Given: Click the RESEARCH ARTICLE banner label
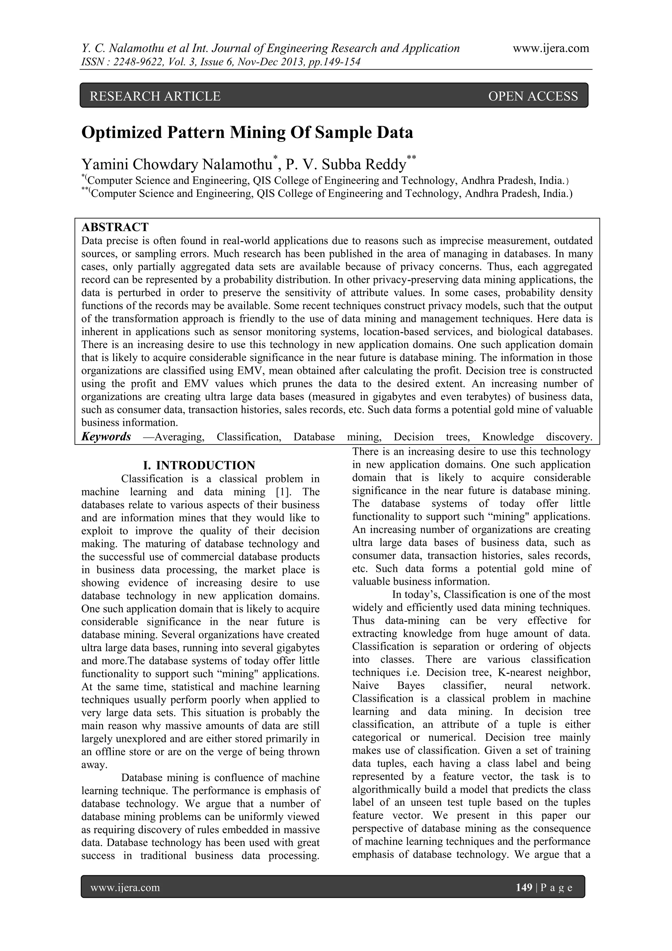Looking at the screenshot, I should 155,96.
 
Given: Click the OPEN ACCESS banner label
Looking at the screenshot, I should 533,96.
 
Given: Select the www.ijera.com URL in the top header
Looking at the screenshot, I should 551,49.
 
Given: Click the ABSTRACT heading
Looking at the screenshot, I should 115,227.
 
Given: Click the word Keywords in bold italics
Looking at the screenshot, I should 106,437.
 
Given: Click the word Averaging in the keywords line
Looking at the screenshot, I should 179,437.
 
